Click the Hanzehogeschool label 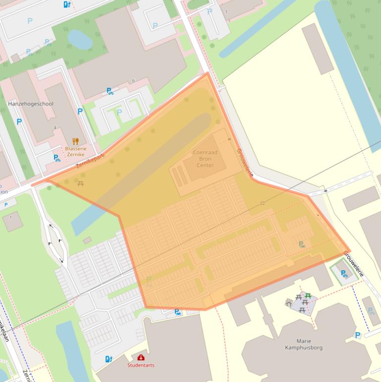[31, 104]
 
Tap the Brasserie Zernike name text [75, 151]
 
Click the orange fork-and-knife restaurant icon [75, 141]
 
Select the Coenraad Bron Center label [205, 158]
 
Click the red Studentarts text [141, 365]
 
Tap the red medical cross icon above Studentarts [141, 358]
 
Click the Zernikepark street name [91, 160]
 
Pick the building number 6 [133, 81]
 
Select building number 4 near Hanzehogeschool [55, 128]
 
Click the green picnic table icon [308, 296]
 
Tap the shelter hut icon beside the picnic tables [289, 303]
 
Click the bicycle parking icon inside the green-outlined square [344, 273]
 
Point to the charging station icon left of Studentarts [109, 359]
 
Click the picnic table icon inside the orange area [81, 184]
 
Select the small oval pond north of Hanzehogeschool [80, 39]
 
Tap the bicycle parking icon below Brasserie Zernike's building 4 [57, 158]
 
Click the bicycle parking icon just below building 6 [109, 91]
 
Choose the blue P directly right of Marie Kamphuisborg [357, 335]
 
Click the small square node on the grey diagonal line [263, 203]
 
